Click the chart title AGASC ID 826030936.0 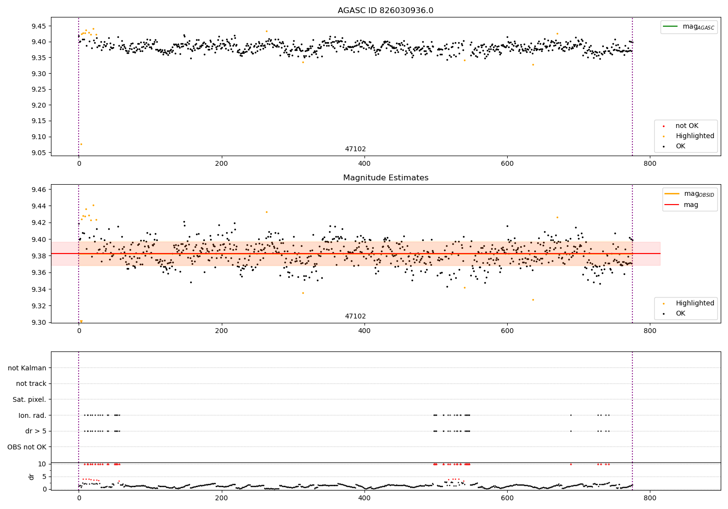385,10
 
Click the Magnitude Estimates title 386,177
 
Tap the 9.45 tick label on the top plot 39,26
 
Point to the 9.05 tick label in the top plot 39,153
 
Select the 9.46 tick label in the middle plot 39,189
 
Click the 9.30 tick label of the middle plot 39,322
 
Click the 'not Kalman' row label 27,368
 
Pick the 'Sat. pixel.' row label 29,399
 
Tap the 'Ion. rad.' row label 32,415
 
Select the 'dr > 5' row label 36,431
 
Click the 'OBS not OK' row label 27,447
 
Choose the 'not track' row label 31,384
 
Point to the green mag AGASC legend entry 689,27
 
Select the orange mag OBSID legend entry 689,194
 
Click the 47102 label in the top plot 355,149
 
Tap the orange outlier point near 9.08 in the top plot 81,144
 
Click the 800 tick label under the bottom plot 650,498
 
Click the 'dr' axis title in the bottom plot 31,477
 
